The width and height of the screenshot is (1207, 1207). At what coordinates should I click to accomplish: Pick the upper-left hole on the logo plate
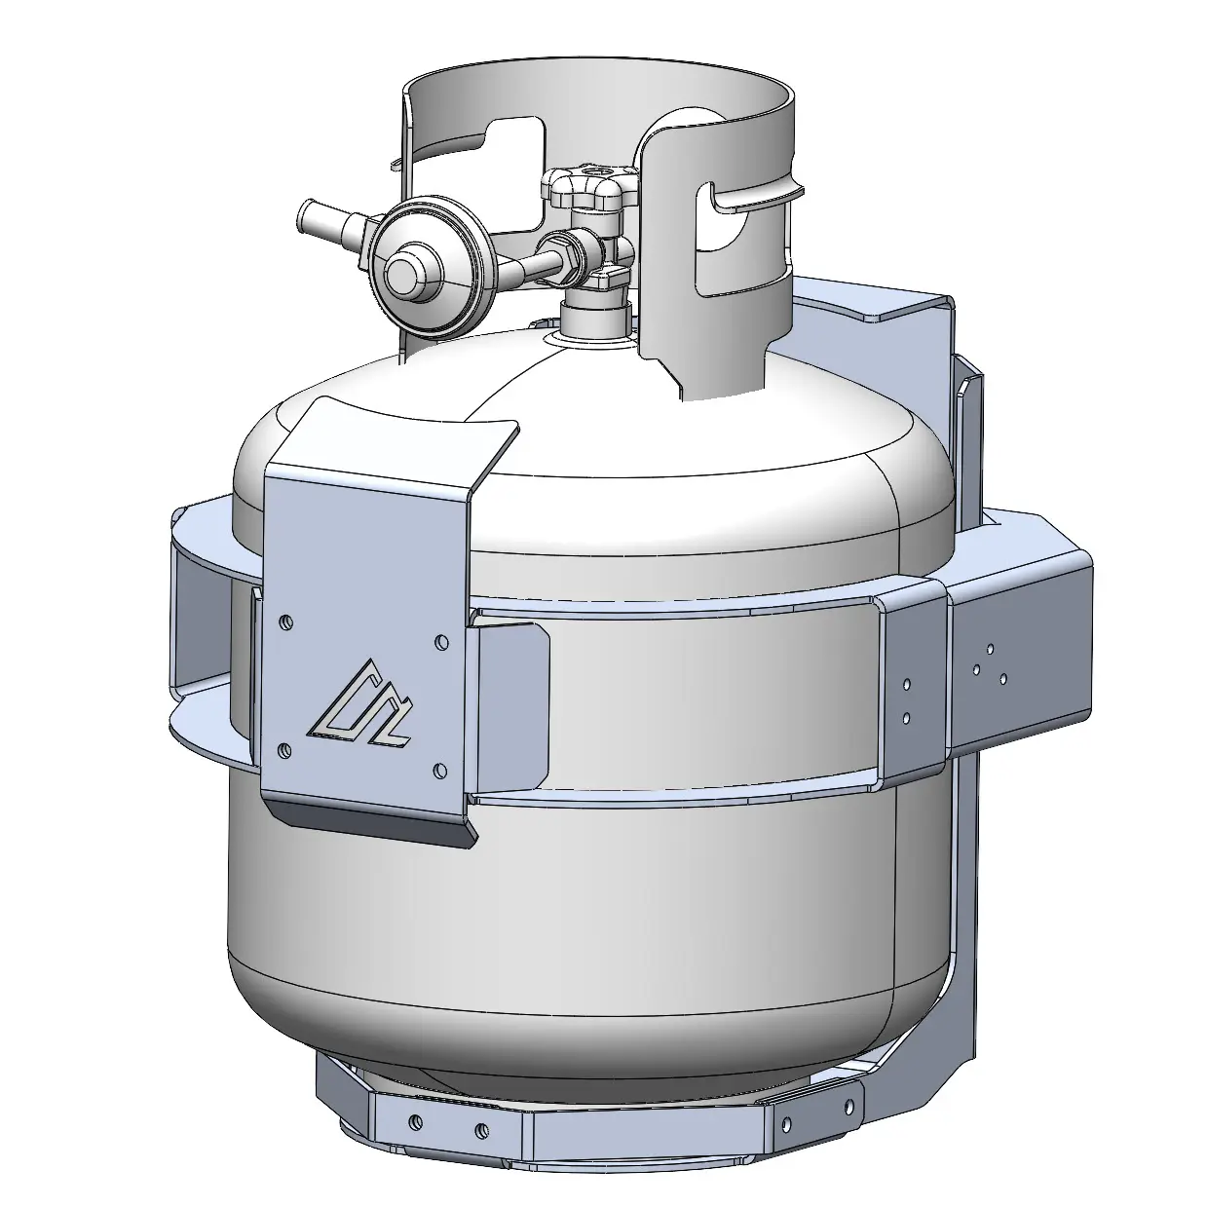tap(284, 621)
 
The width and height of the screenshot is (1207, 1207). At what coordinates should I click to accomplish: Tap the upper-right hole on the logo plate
tap(441, 642)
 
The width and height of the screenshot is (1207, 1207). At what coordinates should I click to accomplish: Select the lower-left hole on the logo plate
tap(284, 749)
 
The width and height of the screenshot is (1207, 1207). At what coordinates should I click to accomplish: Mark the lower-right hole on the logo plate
tap(440, 772)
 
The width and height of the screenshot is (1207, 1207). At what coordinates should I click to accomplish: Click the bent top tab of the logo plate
tap(409, 438)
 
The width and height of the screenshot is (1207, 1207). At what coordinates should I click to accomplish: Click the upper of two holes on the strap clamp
tap(907, 685)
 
